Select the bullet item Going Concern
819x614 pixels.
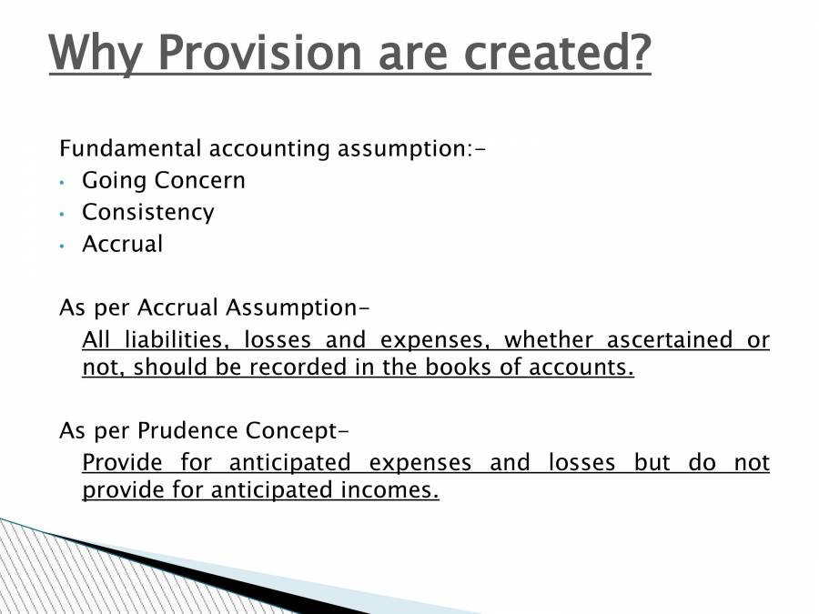coord(164,180)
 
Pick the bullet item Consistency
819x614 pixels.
coord(148,212)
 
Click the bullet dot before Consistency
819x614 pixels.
coord(61,214)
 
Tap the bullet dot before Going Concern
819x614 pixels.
coord(61,182)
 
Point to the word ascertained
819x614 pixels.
coord(669,340)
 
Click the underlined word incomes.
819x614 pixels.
coord(392,491)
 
